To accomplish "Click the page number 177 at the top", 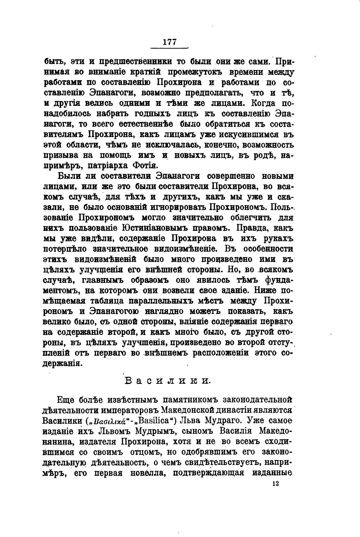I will pyautogui.click(x=169, y=42).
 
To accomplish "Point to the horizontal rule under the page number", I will pyautogui.click(x=169, y=48).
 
